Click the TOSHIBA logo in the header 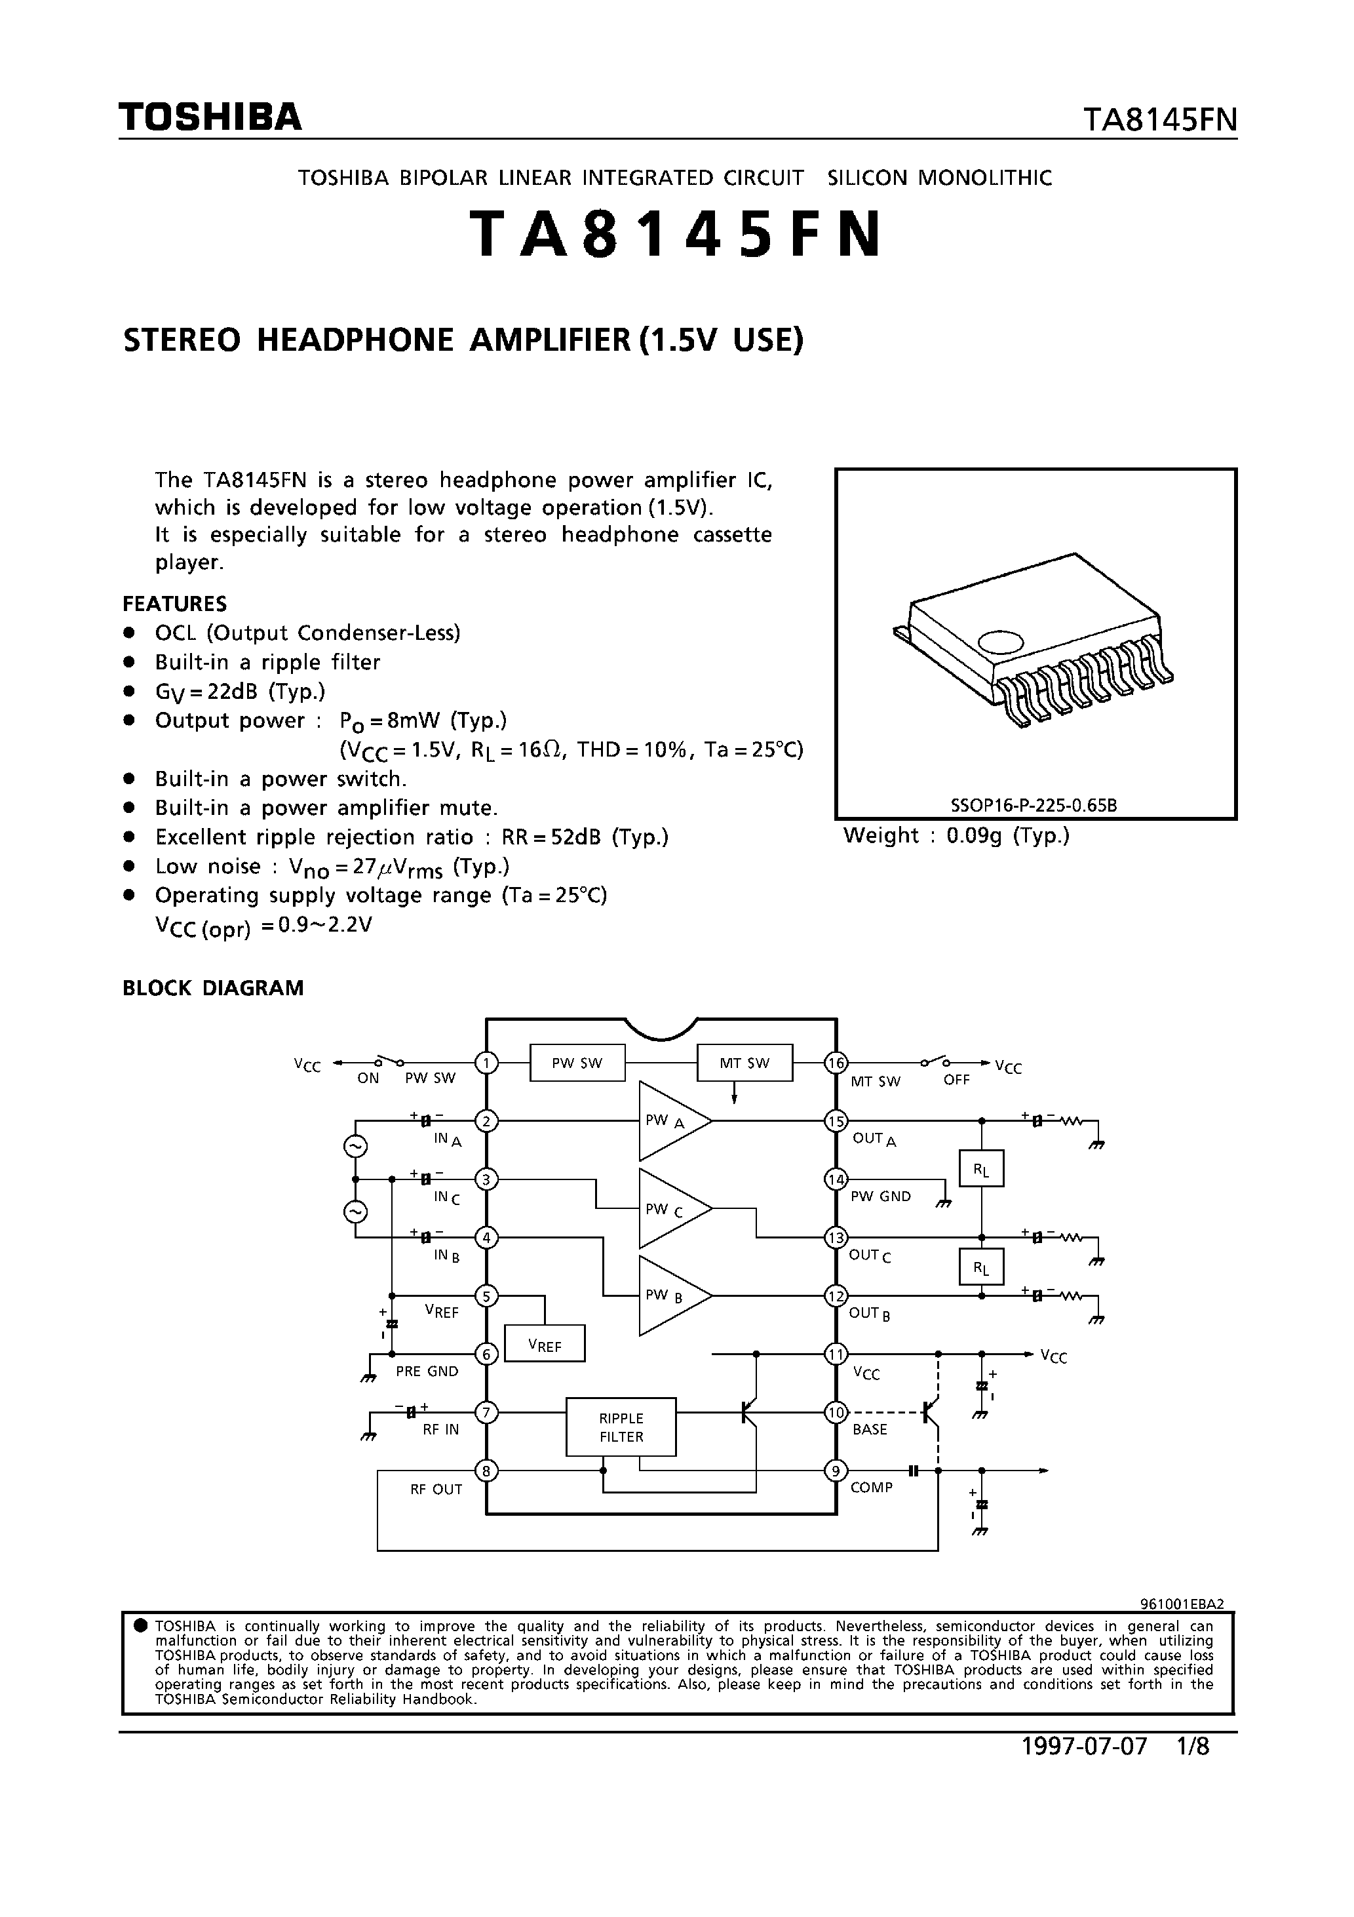210,118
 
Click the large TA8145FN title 676,235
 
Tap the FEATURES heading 174,604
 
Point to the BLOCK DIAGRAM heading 213,988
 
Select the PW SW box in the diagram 577,1063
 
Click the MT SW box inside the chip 744,1063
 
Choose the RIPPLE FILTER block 621,1427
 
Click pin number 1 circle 486,1063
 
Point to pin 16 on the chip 836,1063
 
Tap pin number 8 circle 486,1471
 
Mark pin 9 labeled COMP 836,1471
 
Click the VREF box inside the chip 544,1343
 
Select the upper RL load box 982,1168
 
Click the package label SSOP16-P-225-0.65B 1034,806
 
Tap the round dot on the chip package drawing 1000,641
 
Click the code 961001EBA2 1181,1604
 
